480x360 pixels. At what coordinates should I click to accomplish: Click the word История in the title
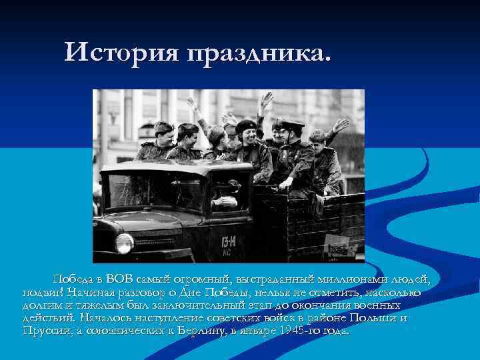121,51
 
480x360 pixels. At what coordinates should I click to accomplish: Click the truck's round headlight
124,243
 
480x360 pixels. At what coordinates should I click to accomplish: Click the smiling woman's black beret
245,125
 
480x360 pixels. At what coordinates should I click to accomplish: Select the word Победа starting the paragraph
75,279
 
